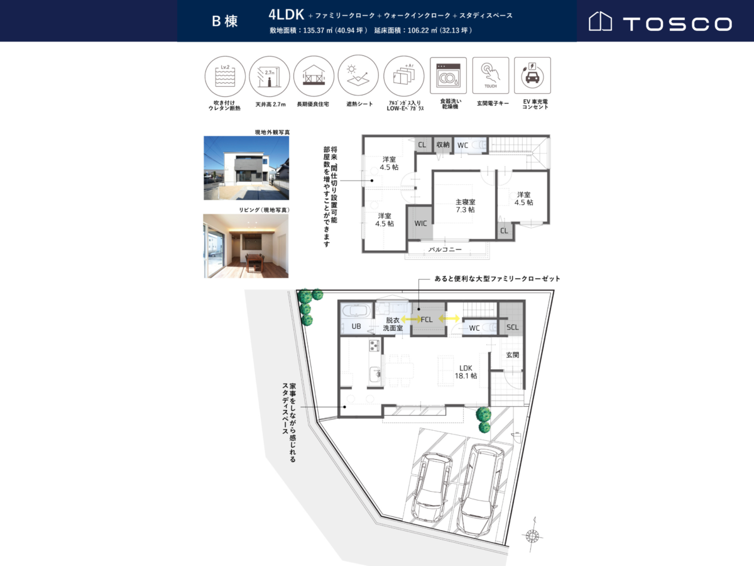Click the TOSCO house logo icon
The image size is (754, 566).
point(600,21)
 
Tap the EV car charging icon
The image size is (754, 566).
point(532,75)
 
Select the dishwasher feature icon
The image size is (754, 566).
point(448,75)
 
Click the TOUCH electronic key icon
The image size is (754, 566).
point(491,75)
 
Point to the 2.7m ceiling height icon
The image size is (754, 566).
point(270,76)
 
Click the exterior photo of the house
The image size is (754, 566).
point(246,168)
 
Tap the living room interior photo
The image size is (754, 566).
point(246,246)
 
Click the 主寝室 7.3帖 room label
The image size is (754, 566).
point(466,206)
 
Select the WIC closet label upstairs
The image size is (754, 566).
point(420,223)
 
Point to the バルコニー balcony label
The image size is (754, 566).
point(445,250)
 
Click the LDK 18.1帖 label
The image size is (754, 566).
point(466,372)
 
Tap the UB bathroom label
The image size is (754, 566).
point(356,326)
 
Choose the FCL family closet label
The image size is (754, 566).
point(427,319)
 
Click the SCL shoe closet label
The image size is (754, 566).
point(513,327)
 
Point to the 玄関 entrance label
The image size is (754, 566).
point(512,355)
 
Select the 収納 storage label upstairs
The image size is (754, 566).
point(443,145)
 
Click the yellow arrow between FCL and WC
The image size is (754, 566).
point(449,319)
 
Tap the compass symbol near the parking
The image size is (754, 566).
point(532,535)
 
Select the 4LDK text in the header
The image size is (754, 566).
point(286,14)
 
